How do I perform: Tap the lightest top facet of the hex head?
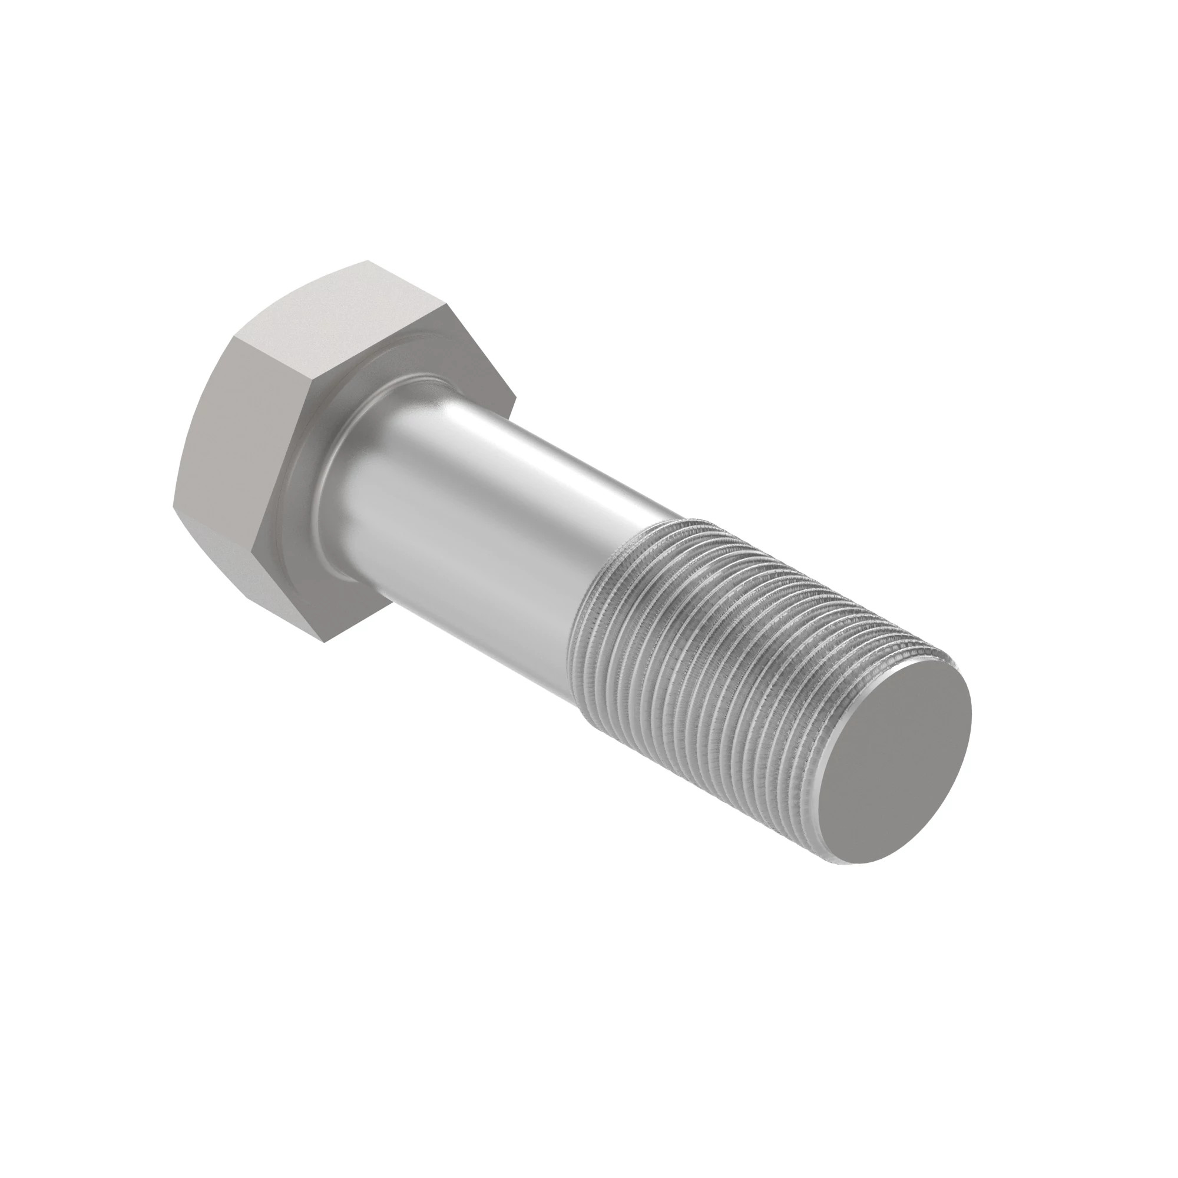click(342, 317)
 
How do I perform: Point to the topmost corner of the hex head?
click(368, 262)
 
